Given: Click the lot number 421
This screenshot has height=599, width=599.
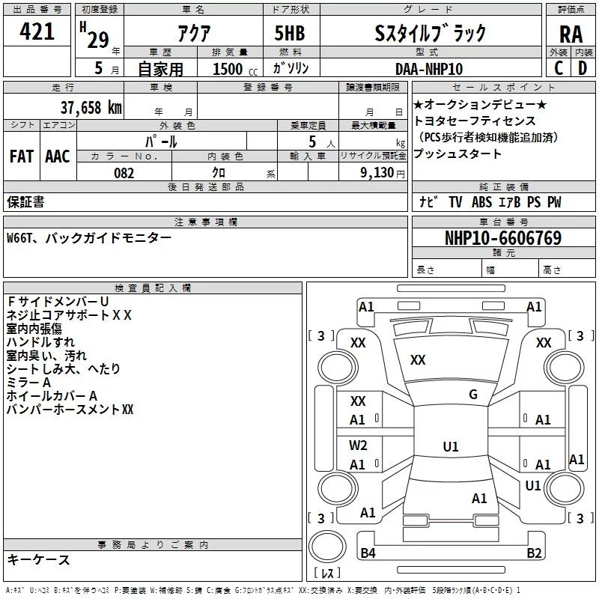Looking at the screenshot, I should [37, 32].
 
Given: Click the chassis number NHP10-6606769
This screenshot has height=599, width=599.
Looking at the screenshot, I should [502, 238].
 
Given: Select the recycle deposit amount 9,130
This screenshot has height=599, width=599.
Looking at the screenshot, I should [382, 173].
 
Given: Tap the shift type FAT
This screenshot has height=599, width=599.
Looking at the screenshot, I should [21, 156].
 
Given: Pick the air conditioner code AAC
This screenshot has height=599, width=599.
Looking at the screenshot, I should [57, 156].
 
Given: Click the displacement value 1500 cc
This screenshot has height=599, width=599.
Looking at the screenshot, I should [228, 69].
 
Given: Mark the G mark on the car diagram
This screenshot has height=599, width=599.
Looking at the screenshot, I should [473, 394].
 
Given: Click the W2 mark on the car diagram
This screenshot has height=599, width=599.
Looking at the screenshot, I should [358, 445].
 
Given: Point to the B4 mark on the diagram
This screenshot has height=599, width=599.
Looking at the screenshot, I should [368, 553].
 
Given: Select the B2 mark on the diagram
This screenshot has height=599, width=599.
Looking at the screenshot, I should [534, 553].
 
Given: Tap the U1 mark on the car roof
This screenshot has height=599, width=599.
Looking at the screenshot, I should [451, 446].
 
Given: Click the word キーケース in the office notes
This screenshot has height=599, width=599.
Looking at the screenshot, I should [38, 559].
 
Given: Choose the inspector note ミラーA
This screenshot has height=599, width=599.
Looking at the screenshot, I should [29, 382].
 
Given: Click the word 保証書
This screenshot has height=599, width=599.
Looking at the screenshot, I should [25, 201].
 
